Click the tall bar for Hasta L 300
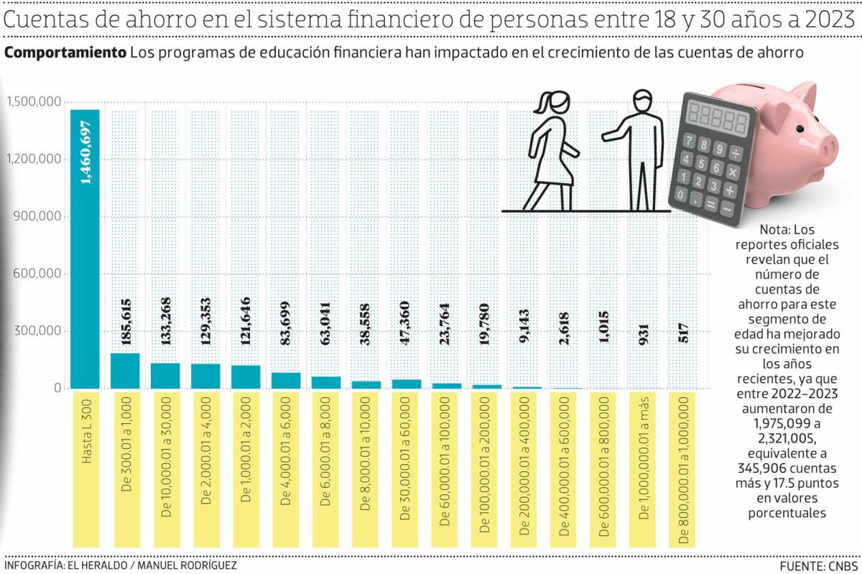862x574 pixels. pyautogui.click(x=85, y=249)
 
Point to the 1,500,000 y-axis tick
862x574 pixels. pyautogui.click(x=34, y=102)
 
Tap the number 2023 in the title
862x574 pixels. pyautogui.click(x=830, y=22)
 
